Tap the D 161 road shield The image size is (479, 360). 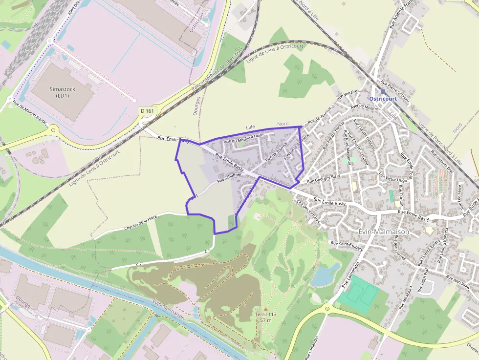coord(147,111)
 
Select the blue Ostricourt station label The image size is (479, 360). coord(383,99)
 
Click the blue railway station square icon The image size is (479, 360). coord(383,91)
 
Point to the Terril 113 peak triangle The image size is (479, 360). coord(265,309)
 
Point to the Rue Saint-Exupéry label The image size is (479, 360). coord(347,246)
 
